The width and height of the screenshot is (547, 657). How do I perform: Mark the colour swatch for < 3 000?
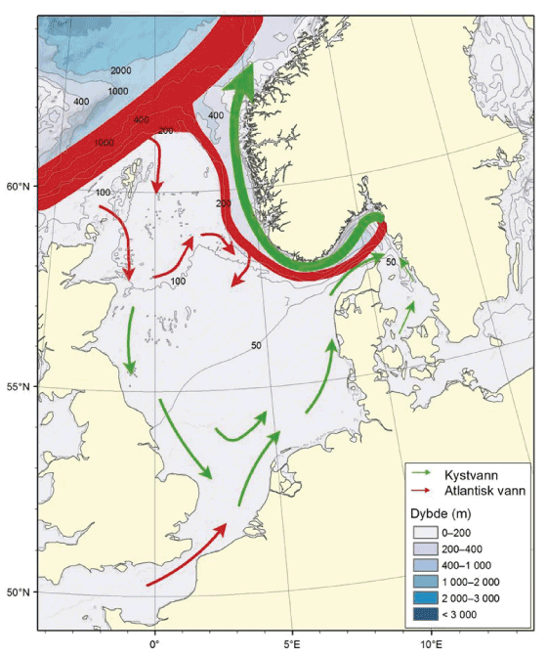425,614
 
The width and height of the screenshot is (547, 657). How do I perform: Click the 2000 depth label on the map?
121,70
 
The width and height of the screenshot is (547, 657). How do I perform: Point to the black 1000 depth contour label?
117,91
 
